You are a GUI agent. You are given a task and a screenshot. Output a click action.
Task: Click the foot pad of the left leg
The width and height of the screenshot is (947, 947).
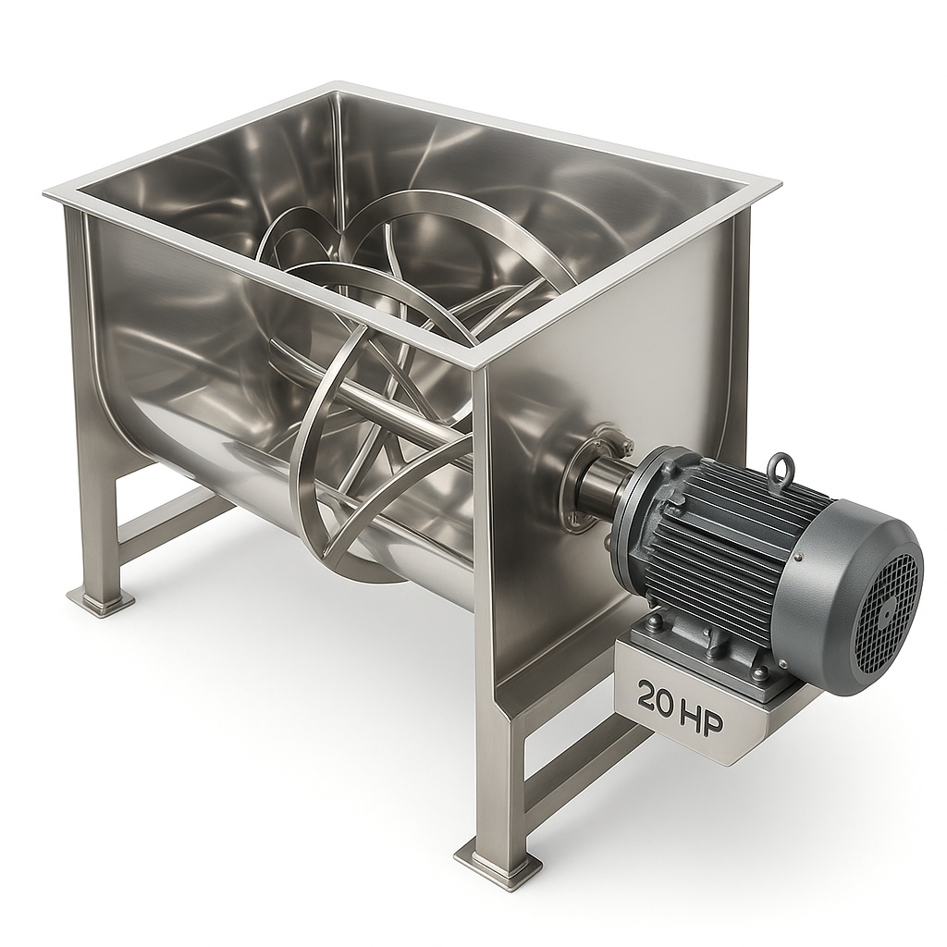click(100, 600)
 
